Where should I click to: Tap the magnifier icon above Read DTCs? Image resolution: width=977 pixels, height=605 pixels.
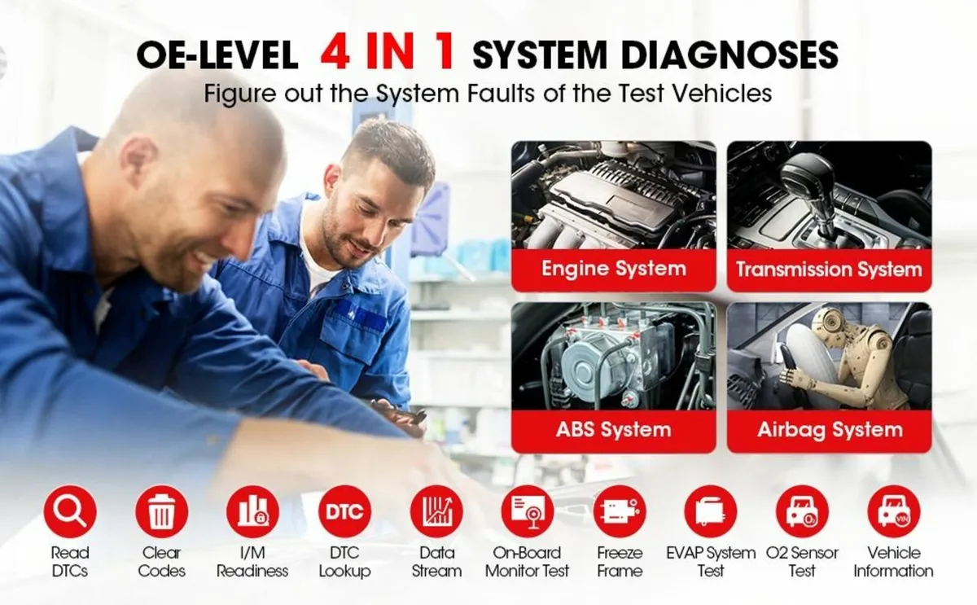(x=70, y=511)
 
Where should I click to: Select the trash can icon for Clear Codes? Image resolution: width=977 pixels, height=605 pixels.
(x=161, y=511)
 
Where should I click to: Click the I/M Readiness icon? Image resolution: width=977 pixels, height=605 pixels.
(x=252, y=511)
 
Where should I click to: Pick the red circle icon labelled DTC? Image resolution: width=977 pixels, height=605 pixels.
(x=344, y=511)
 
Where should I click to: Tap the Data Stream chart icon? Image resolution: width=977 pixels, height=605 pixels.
(x=436, y=511)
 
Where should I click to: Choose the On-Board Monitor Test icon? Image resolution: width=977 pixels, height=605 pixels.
(x=528, y=511)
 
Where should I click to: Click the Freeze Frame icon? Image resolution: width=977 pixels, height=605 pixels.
(x=620, y=511)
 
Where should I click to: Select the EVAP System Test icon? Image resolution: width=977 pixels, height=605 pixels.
(x=710, y=511)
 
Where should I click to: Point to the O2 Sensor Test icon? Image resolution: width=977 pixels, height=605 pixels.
(x=802, y=511)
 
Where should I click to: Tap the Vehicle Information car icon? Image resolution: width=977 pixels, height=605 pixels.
(x=893, y=511)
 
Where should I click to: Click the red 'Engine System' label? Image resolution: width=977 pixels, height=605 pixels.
(x=613, y=270)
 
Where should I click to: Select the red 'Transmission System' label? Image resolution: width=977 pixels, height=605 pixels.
(x=829, y=270)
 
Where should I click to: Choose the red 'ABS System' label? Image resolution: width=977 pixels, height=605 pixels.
(x=613, y=430)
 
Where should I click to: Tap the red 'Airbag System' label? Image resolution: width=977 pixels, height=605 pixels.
(x=829, y=430)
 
